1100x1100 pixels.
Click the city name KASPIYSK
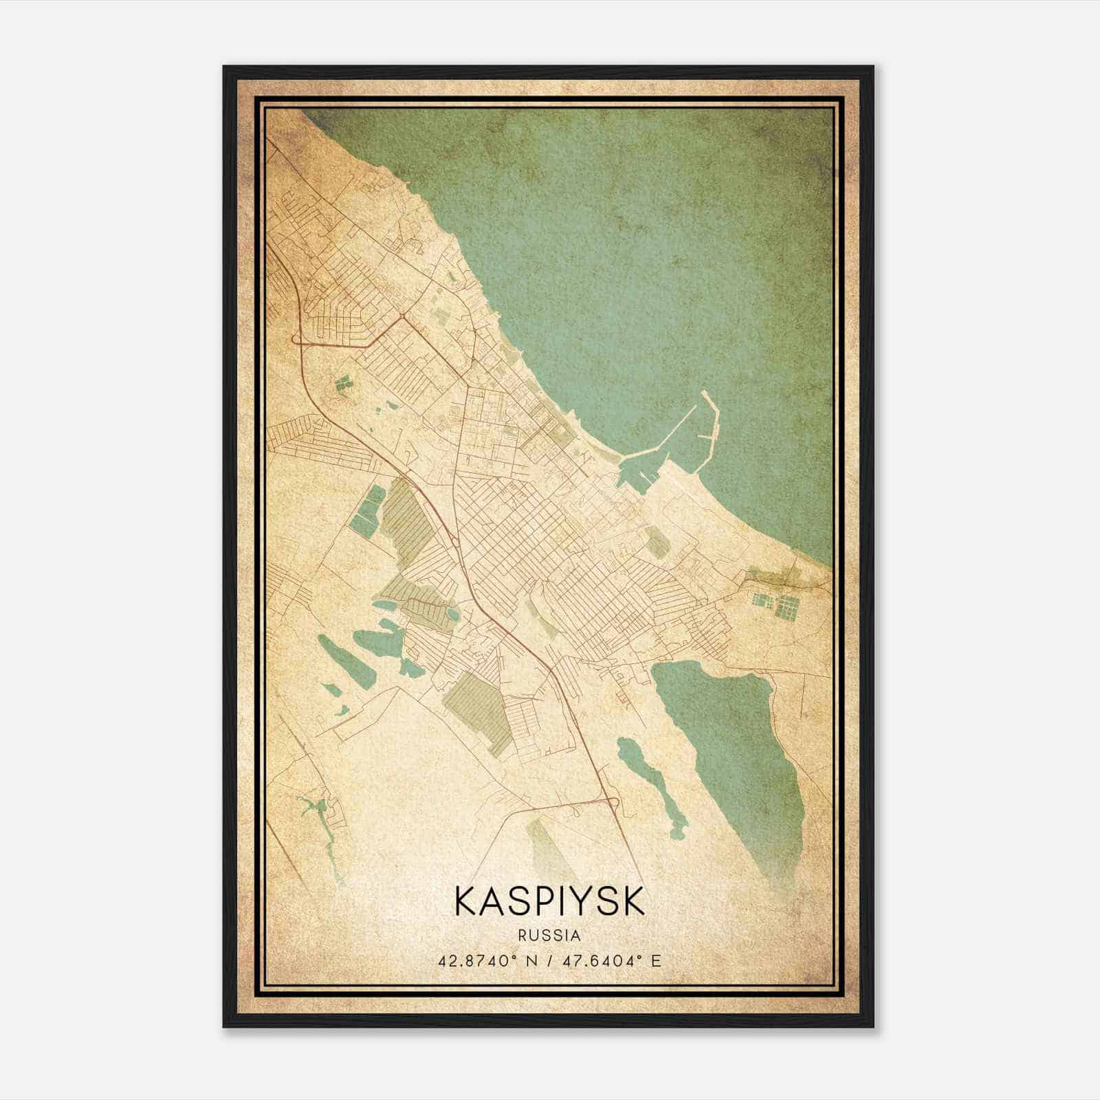[x=549, y=901]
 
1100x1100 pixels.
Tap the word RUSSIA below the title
[x=549, y=936]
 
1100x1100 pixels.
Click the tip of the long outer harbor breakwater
[x=705, y=393]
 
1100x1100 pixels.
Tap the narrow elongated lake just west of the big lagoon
[x=650, y=784]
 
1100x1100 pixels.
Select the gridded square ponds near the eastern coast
[x=777, y=605]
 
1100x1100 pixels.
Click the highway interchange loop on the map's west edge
[x=297, y=338]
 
